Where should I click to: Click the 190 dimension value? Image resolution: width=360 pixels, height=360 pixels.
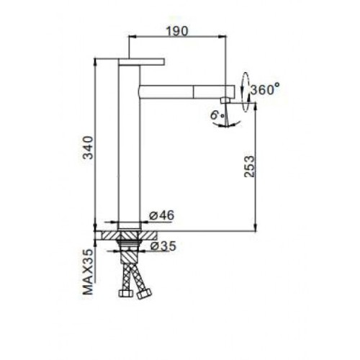tap(177, 31)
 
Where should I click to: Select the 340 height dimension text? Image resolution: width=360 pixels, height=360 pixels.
tap(88, 148)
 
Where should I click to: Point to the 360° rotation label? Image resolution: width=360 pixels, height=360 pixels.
tap(265, 89)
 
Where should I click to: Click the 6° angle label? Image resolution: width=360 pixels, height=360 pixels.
tap(217, 115)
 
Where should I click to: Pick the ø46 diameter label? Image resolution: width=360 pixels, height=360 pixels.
tap(161, 215)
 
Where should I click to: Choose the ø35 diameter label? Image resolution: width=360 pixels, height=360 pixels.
tap(163, 246)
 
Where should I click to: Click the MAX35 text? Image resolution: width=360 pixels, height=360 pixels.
tap(88, 271)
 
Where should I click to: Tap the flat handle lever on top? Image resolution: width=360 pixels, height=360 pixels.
tap(141, 62)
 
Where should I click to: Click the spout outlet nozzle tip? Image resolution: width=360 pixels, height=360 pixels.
tap(226, 100)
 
